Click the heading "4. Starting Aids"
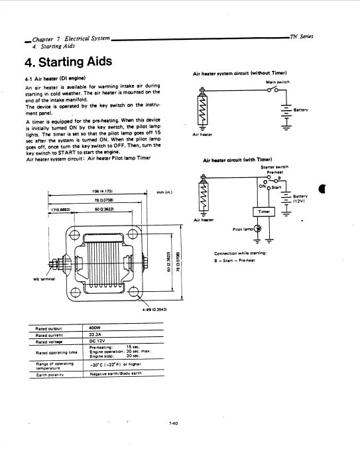[x=68, y=62]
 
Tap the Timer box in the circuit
[x=264, y=212]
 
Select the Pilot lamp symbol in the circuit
[x=258, y=229]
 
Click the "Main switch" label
[x=278, y=82]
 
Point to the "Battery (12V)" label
[x=300, y=198]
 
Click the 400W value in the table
[x=95, y=328]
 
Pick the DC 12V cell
[x=97, y=341]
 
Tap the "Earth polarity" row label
[x=50, y=375]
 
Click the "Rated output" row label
[x=49, y=328]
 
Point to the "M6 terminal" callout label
[x=44, y=279]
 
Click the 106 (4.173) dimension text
[x=102, y=192]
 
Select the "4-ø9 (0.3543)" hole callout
[x=154, y=310]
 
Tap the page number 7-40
[x=174, y=423]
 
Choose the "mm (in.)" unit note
[x=164, y=192]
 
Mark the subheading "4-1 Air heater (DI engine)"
[x=55, y=79]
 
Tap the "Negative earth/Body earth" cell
[x=115, y=373]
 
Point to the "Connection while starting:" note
[x=241, y=253]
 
